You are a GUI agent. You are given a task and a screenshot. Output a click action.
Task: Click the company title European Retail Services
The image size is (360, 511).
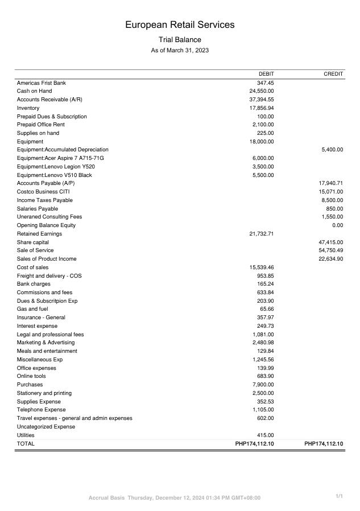[180, 25]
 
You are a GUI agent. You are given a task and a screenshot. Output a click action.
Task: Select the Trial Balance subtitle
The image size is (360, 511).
[180, 40]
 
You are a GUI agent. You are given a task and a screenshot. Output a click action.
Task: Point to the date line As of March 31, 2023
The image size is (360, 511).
[180, 51]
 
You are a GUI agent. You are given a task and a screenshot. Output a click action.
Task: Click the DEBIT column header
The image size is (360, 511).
[266, 74]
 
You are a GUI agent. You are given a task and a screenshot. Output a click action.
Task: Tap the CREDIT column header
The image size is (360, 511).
[333, 74]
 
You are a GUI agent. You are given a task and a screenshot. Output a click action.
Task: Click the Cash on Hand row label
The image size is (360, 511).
[34, 91]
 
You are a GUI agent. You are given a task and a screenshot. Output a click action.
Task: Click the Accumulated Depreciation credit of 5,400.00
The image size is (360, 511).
[332, 150]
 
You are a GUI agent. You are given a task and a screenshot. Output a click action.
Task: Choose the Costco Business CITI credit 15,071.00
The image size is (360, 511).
[330, 192]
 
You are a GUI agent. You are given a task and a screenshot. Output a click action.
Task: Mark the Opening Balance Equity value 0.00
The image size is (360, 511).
[337, 225]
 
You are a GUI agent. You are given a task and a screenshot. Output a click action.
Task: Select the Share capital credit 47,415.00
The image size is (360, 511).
[330, 242]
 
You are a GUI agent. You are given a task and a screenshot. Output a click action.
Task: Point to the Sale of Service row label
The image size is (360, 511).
[35, 250]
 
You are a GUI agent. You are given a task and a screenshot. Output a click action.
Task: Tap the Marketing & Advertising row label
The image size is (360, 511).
[45, 343]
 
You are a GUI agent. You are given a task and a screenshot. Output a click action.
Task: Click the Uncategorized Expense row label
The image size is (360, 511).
[45, 427]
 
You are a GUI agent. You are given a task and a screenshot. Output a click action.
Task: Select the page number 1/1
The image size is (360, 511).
[339, 497]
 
